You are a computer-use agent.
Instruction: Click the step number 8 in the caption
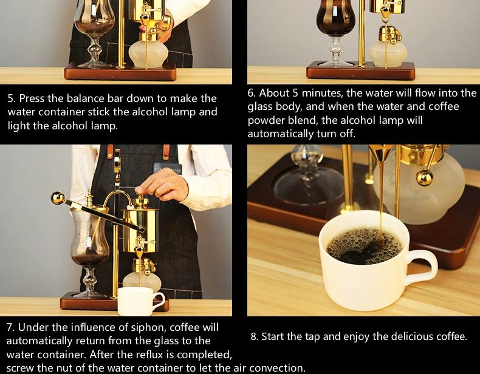(x=255, y=337)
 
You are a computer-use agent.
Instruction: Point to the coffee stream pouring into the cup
(x=381, y=199)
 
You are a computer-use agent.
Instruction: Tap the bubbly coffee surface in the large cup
(x=364, y=245)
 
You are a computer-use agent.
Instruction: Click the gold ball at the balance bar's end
(x=58, y=198)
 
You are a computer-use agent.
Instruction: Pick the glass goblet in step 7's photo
(x=89, y=245)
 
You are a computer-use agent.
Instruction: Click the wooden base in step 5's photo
(x=120, y=72)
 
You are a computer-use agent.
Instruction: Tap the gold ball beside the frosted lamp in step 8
(x=425, y=177)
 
